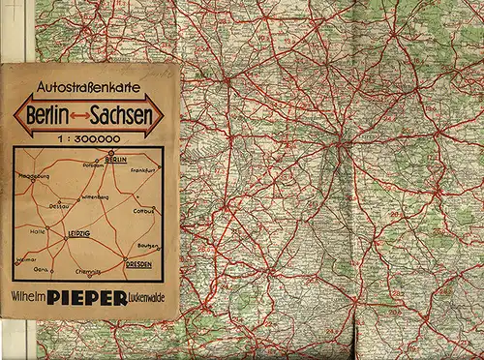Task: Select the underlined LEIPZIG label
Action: coord(74,233)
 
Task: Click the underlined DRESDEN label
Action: coord(141,263)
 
